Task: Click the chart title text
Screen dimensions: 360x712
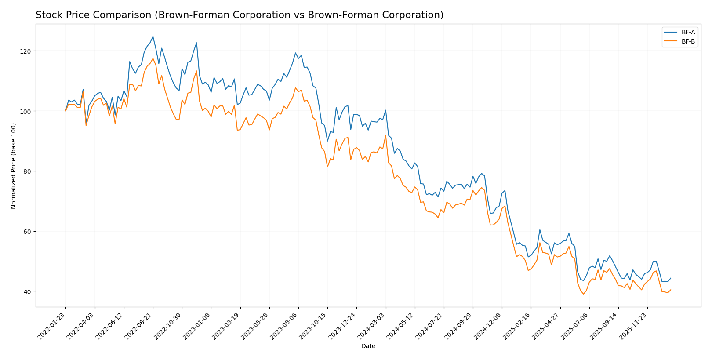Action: [x=240, y=15]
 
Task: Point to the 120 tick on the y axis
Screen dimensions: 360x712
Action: [x=27, y=51]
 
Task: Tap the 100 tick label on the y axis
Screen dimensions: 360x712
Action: [x=27, y=111]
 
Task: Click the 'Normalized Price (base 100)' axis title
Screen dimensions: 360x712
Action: [x=14, y=166]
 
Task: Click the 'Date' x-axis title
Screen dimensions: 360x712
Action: [x=368, y=346]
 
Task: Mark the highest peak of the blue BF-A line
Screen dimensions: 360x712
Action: [x=153, y=36]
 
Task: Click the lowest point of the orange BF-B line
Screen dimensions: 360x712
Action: [x=584, y=294]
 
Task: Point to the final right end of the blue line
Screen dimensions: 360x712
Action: [x=671, y=278]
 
